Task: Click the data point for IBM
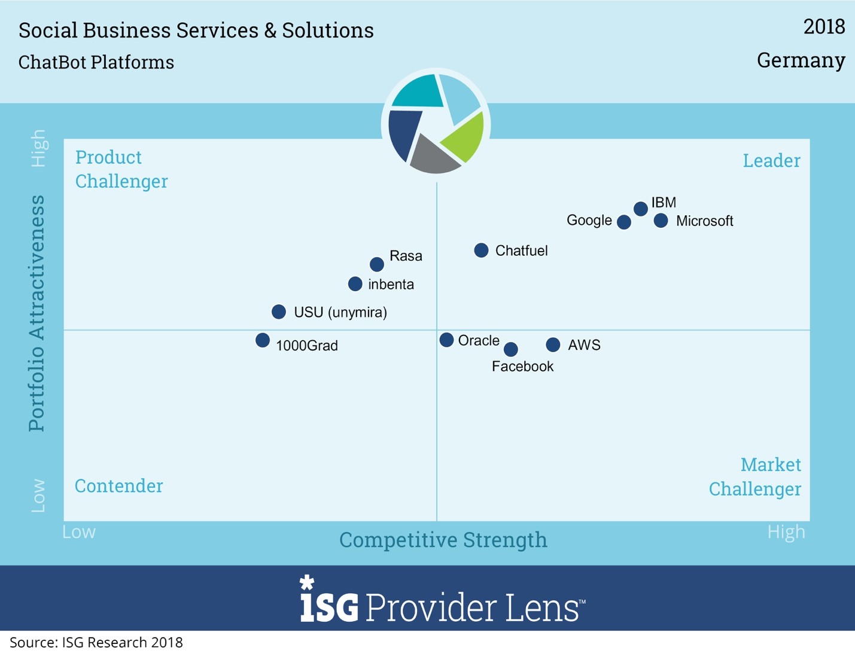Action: pos(641,209)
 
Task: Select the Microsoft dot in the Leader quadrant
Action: pos(661,221)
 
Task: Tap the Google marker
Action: pos(624,222)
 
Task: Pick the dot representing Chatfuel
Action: pos(481,250)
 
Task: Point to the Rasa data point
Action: pos(377,264)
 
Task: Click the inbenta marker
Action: pos(355,284)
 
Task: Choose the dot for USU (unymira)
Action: pos(279,311)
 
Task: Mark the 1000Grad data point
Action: pos(263,340)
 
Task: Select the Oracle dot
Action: pos(446,340)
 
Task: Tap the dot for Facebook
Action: pos(511,349)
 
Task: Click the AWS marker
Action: pos(553,345)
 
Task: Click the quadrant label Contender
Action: pos(118,486)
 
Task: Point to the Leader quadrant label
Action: pos(771,161)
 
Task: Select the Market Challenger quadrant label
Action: pos(755,477)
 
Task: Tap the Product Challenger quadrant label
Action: pos(121,169)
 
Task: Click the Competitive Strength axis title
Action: pos(443,540)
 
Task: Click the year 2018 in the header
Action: pos(824,27)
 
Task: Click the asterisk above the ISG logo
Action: pos(306,582)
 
